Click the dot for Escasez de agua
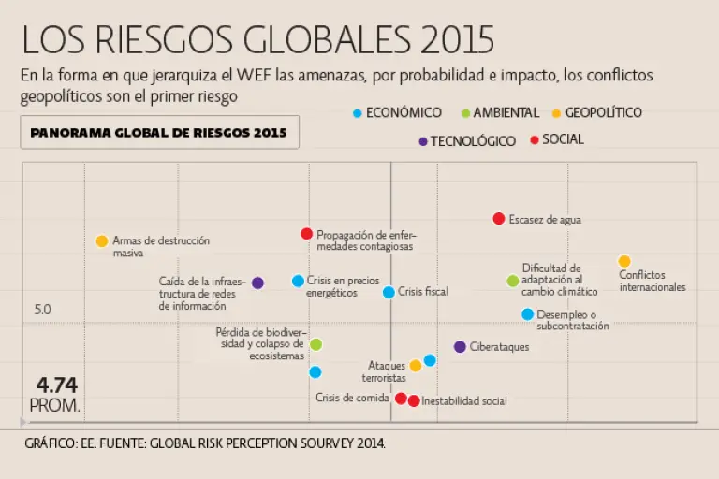pyautogui.click(x=499, y=219)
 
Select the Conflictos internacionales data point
pyautogui.click(x=624, y=262)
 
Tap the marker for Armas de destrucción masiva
pyautogui.click(x=102, y=241)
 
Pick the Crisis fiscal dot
pyautogui.click(x=389, y=292)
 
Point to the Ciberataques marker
pyautogui.click(x=460, y=347)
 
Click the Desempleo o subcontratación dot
pyautogui.click(x=527, y=314)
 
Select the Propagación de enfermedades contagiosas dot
pyautogui.click(x=306, y=234)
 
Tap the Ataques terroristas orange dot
pyautogui.click(x=416, y=366)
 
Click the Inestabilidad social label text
pyautogui.click(x=464, y=401)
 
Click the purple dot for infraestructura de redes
pyautogui.click(x=257, y=283)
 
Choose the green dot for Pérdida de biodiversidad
pyautogui.click(x=316, y=344)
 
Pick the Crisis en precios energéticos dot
pyautogui.click(x=298, y=281)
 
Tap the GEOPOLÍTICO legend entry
pyautogui.click(x=604, y=113)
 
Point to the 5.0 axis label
pyautogui.click(x=42, y=310)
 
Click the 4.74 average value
pyautogui.click(x=56, y=385)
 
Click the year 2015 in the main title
pyautogui.click(x=458, y=39)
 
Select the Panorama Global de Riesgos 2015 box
pyautogui.click(x=159, y=133)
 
